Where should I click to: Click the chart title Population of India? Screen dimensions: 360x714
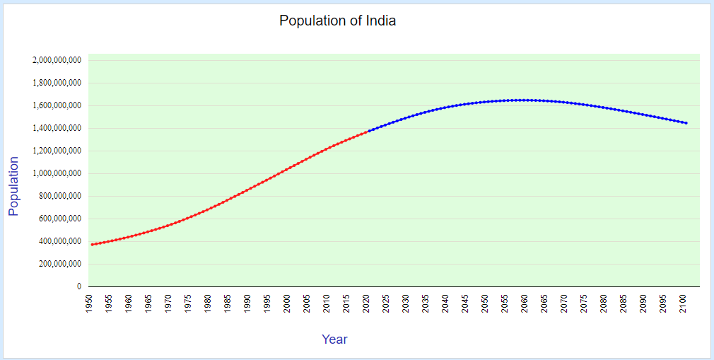[337, 21]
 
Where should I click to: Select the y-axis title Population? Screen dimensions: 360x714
[13, 186]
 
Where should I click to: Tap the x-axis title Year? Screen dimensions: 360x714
[334, 339]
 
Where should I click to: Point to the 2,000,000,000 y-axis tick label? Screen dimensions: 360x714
[57, 60]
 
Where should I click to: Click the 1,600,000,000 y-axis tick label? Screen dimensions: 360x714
[57, 105]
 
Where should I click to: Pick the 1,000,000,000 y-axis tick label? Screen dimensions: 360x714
[57, 173]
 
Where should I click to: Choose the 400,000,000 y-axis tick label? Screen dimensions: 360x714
[59, 241]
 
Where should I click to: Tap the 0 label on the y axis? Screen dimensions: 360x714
[78, 286]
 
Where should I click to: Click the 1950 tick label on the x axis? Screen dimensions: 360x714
[89, 303]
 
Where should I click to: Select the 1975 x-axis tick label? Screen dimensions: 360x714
[188, 303]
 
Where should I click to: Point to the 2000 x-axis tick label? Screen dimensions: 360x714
[287, 303]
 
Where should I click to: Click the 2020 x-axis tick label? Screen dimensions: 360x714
[366, 303]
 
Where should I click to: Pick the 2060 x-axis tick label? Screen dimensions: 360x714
[525, 303]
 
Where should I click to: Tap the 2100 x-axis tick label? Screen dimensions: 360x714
[683, 303]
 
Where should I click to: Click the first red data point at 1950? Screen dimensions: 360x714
[92, 245]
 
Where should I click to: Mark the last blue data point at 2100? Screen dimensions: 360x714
[686, 123]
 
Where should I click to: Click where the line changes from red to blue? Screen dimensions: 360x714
[369, 131]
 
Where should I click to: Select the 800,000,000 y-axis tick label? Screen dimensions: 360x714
[59, 196]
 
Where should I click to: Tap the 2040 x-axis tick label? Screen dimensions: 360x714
[445, 303]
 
